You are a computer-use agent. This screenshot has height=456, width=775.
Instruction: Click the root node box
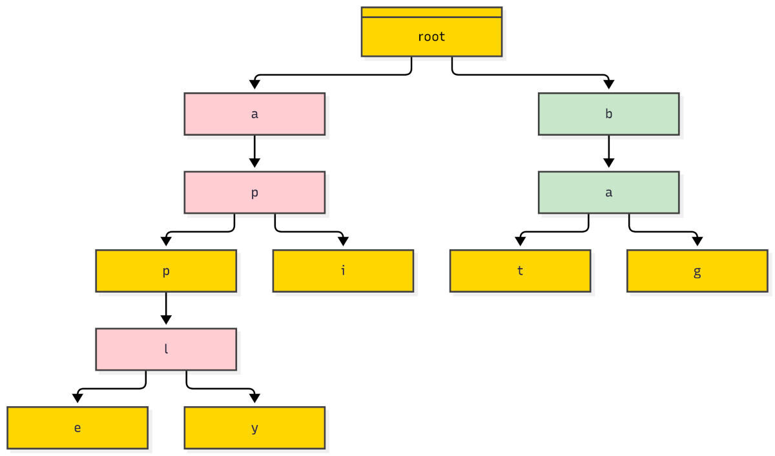(x=431, y=32)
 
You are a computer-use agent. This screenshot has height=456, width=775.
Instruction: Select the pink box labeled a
(x=254, y=114)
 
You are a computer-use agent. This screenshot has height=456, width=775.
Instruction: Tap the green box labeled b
(x=608, y=114)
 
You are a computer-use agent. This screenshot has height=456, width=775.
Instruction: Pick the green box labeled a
(x=608, y=192)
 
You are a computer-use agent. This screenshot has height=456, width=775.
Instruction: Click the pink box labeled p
(x=254, y=192)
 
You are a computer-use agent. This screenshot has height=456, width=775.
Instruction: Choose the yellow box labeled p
(x=166, y=271)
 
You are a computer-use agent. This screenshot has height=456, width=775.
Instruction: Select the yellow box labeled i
(x=343, y=271)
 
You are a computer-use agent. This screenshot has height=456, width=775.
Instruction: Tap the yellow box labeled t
(x=520, y=271)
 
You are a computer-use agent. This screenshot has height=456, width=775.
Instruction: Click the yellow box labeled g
(x=697, y=271)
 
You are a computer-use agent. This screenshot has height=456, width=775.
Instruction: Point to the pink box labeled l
(x=166, y=349)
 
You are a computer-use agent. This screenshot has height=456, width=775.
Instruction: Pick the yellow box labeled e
(x=77, y=428)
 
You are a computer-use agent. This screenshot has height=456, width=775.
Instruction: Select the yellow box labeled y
(x=254, y=428)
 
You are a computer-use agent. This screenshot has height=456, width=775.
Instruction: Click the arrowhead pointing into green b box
(x=608, y=85)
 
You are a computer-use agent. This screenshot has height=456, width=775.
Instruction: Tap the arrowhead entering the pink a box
(x=254, y=85)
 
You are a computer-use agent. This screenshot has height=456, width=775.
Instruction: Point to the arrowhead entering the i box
(x=343, y=242)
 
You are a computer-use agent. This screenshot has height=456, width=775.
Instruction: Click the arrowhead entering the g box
(x=697, y=242)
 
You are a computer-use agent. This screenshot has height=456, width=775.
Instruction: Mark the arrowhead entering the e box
(x=77, y=399)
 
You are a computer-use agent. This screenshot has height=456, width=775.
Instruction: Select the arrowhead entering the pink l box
(x=166, y=320)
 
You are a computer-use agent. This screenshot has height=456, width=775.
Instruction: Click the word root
(x=431, y=37)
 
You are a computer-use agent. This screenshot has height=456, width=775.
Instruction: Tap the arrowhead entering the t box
(x=520, y=242)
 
